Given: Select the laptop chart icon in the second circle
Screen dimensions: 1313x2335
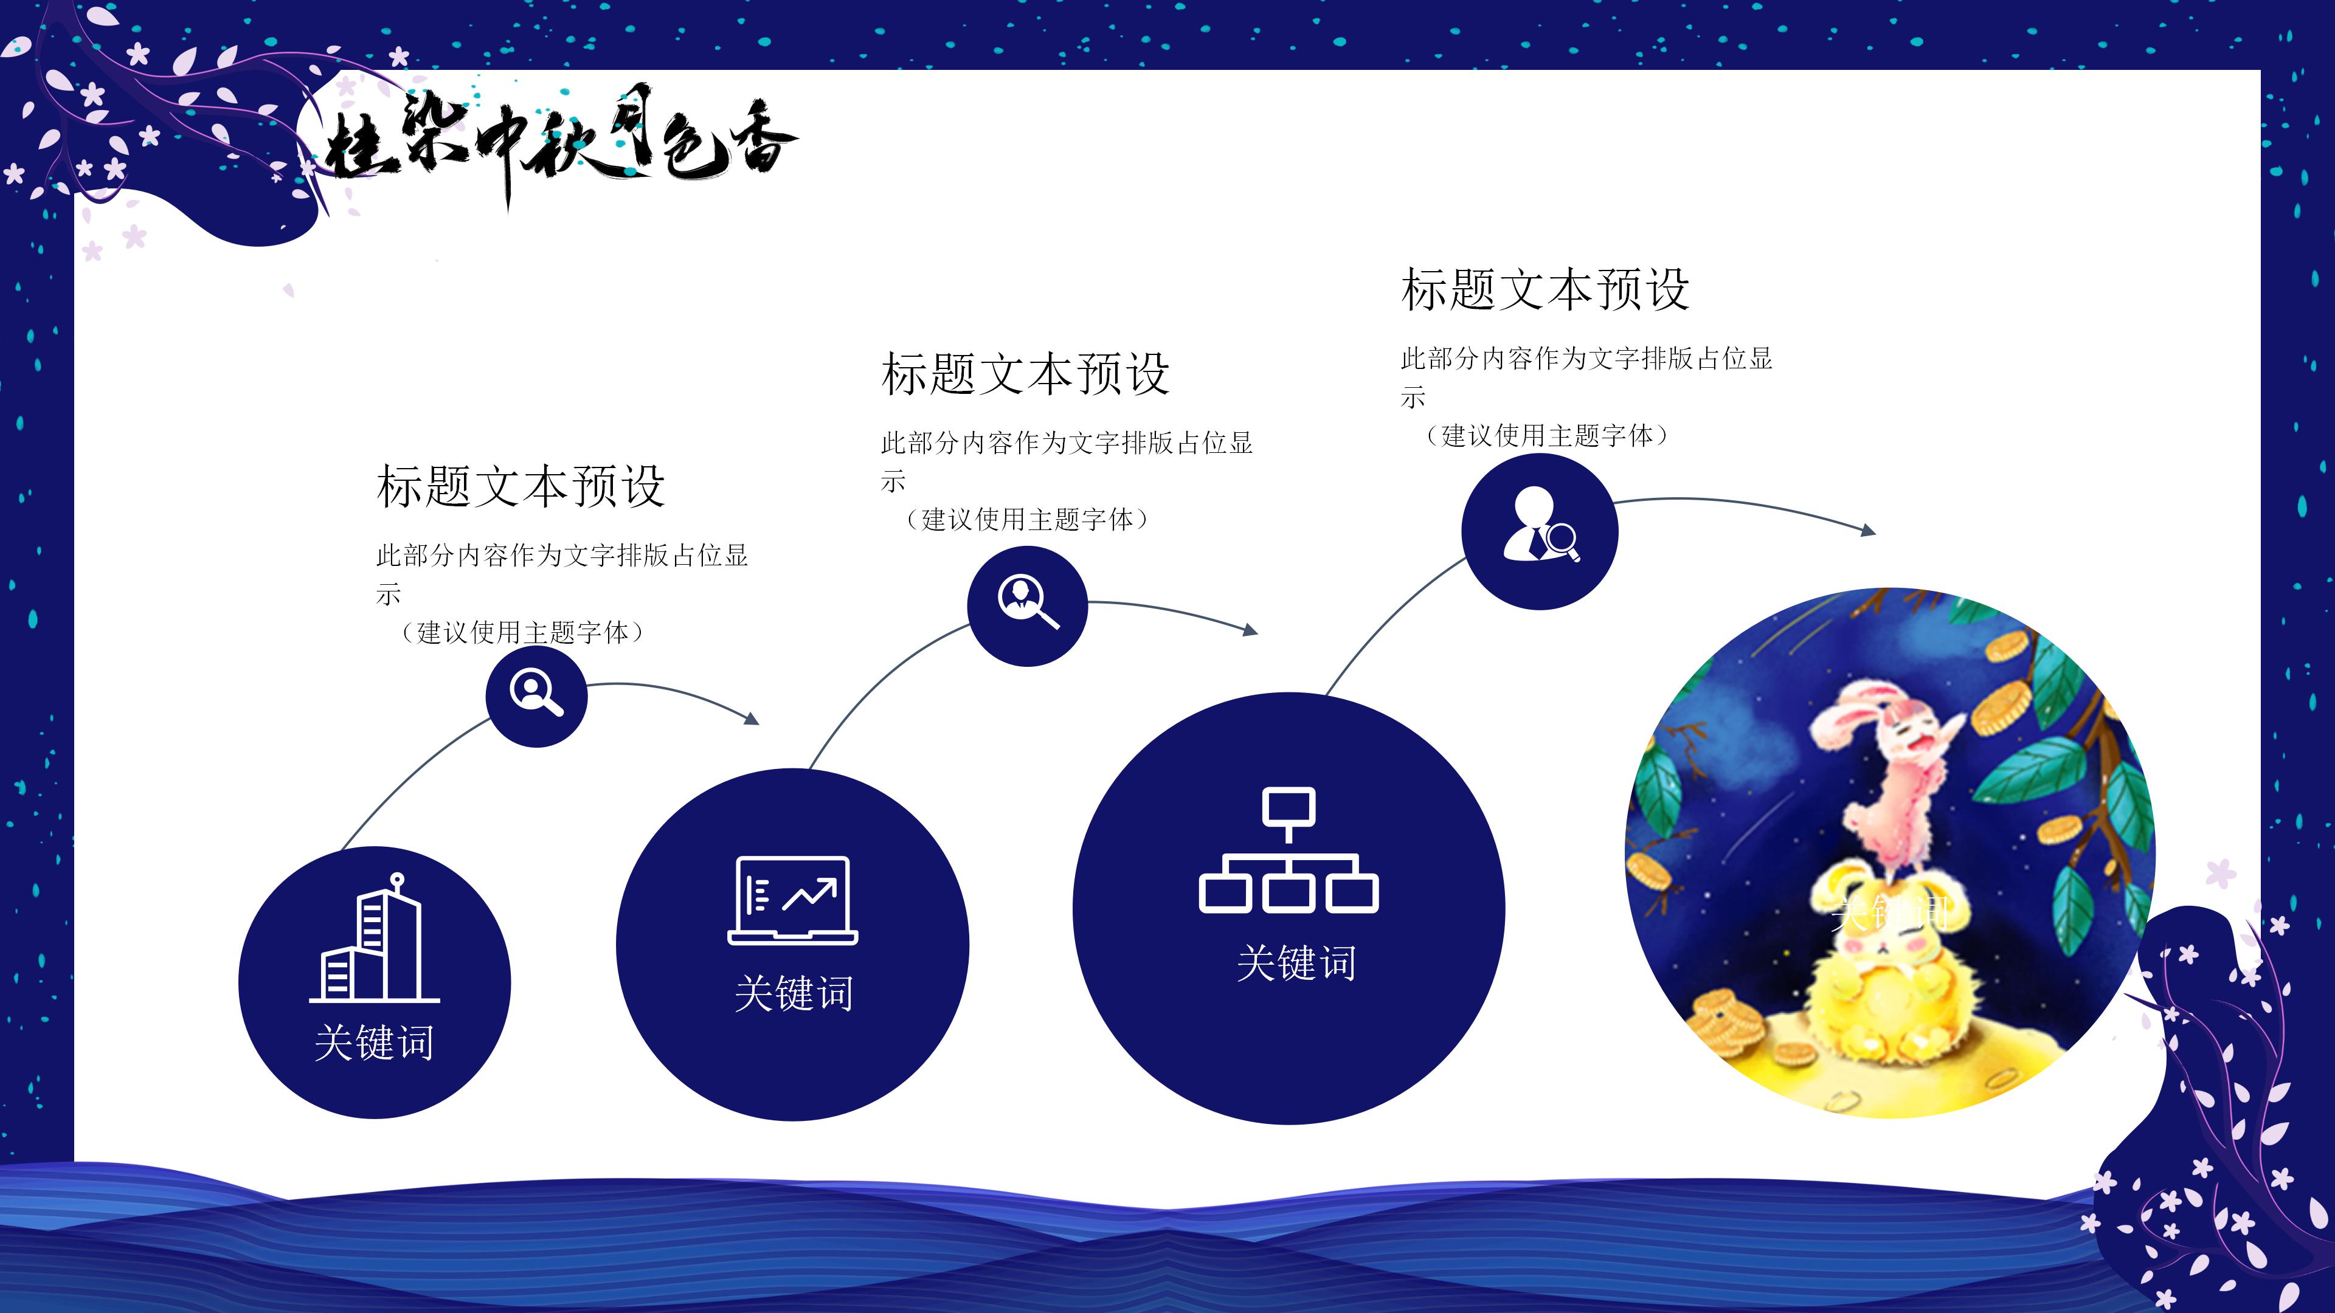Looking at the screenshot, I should point(792,900).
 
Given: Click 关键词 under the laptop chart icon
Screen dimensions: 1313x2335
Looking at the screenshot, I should point(793,993).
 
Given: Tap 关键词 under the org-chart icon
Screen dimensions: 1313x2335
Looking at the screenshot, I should point(1296,962).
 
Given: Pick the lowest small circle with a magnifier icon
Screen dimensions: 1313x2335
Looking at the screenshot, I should point(536,696).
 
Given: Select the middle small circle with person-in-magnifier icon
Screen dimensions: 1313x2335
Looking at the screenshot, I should point(1027,605).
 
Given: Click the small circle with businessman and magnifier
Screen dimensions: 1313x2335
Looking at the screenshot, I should point(1539,532).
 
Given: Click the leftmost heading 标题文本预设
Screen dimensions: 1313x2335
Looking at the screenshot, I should point(521,486).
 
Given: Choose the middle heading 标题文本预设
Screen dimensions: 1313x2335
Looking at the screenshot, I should point(1025,373).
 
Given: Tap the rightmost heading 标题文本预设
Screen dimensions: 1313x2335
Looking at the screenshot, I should point(1545,289).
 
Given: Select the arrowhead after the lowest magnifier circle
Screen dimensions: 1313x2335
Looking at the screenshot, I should point(752,719).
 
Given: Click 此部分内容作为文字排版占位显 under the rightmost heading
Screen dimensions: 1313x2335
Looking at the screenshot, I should point(1586,359).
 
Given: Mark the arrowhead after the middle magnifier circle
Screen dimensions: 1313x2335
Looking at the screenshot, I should point(1251,630).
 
